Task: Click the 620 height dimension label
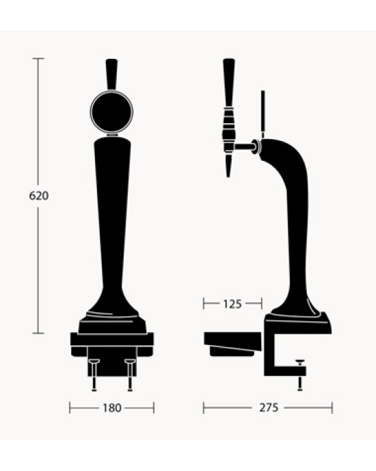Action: click(x=39, y=195)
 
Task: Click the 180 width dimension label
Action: click(x=111, y=408)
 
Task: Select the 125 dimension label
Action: click(x=232, y=303)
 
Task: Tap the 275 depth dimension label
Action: click(x=269, y=408)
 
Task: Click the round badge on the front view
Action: click(x=111, y=112)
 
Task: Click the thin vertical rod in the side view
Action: click(x=262, y=113)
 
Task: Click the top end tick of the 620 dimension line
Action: click(x=39, y=59)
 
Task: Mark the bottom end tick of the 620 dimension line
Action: click(x=39, y=333)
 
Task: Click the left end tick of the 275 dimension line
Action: click(x=204, y=408)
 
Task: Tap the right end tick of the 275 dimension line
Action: click(x=332, y=408)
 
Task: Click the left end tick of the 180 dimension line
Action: click(x=70, y=408)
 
